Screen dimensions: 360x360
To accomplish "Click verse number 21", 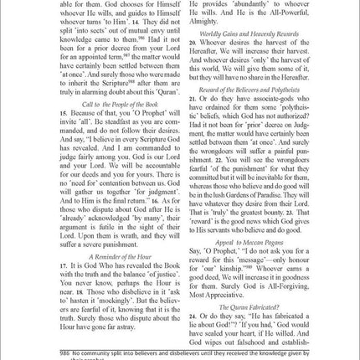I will [193, 99].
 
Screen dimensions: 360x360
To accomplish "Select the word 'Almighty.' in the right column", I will [207, 26].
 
